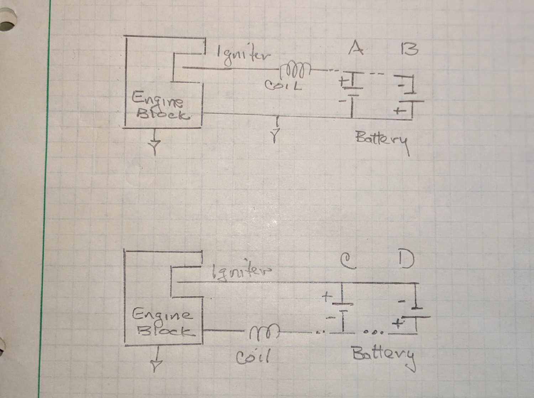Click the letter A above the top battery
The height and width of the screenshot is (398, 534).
(355, 48)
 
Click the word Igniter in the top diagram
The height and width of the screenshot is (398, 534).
(243, 55)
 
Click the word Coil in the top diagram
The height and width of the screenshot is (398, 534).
(283, 85)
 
